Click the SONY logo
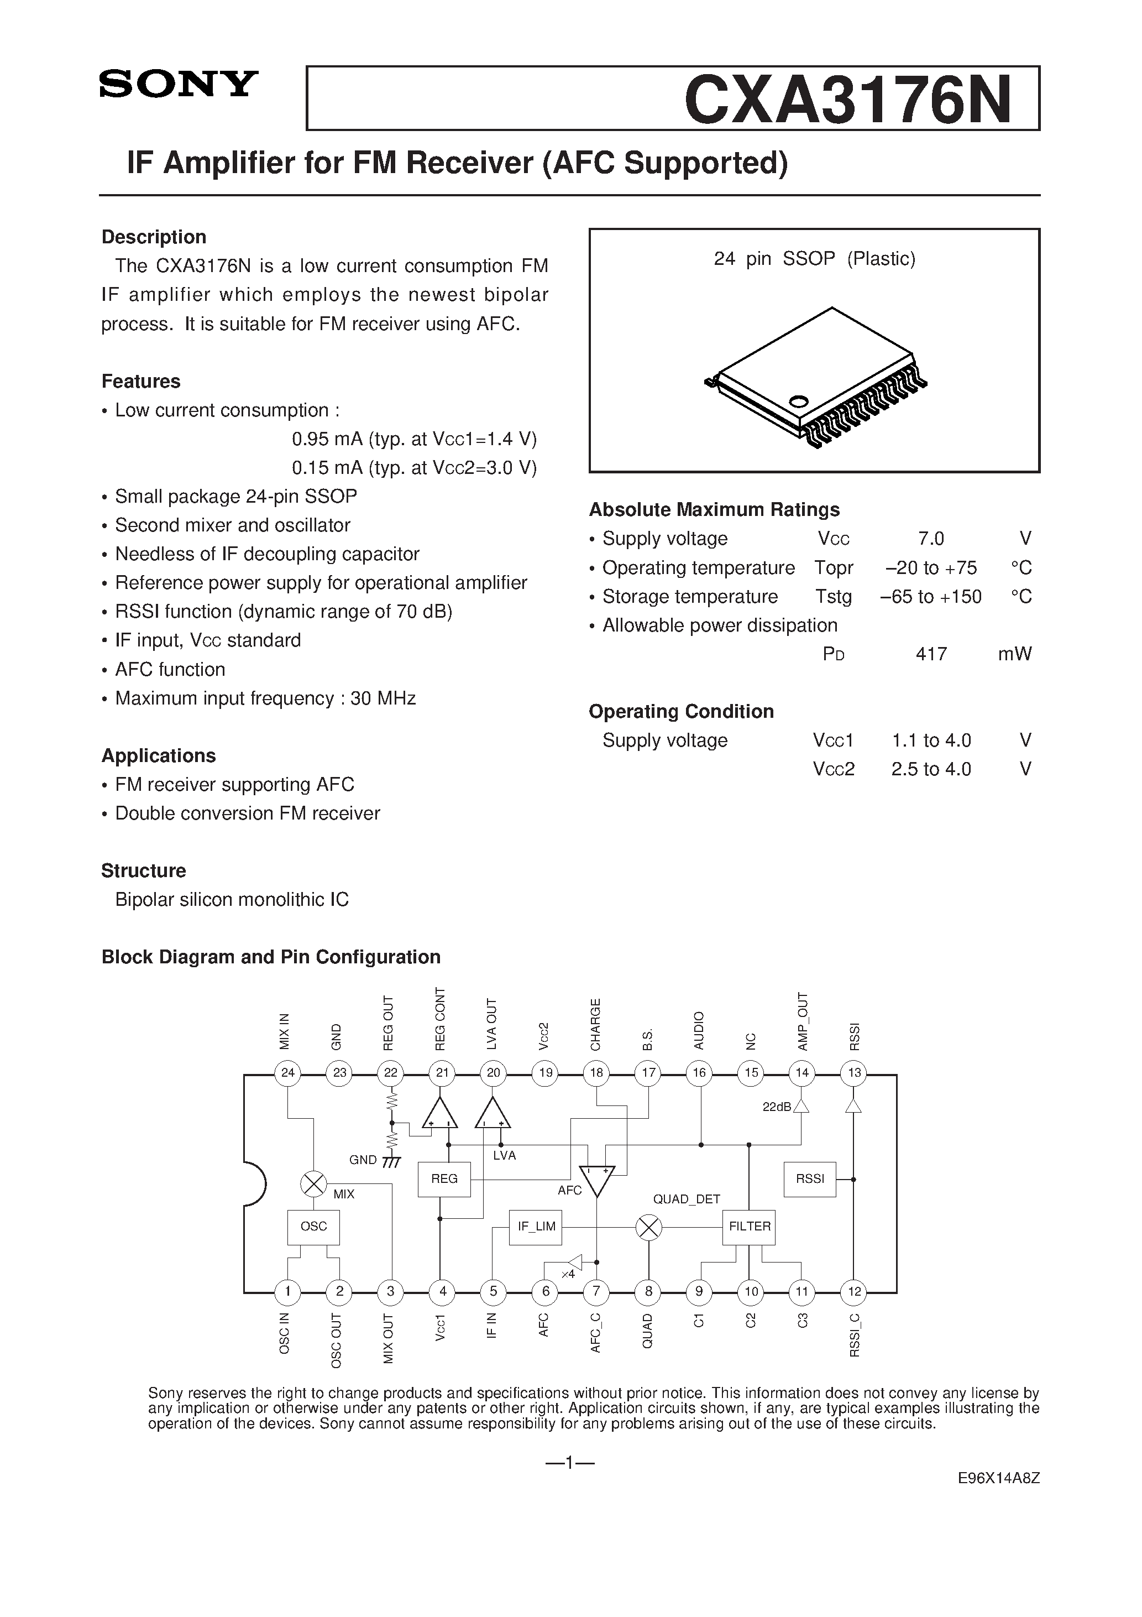(x=179, y=84)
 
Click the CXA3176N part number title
(x=848, y=100)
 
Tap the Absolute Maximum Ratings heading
(x=714, y=509)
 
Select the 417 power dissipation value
(x=931, y=654)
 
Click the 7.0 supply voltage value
(x=931, y=539)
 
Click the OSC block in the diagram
(x=313, y=1226)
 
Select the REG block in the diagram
(x=444, y=1178)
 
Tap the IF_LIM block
(x=536, y=1226)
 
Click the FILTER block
(x=749, y=1226)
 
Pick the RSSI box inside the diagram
(x=810, y=1178)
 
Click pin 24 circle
(x=287, y=1073)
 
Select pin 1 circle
(x=287, y=1291)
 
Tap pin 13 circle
(x=854, y=1073)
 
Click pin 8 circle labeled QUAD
(x=648, y=1291)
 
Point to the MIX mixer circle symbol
(x=313, y=1184)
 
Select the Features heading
(x=141, y=381)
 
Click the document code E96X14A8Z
(x=998, y=1498)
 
